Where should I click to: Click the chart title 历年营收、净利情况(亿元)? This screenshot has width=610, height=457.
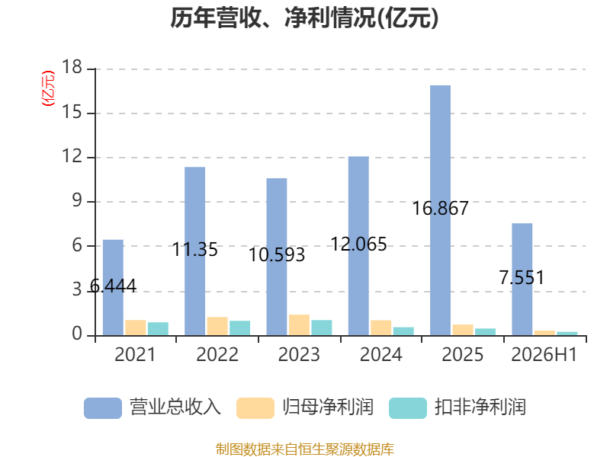[x=304, y=18]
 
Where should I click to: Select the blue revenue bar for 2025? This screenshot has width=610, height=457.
[x=441, y=210]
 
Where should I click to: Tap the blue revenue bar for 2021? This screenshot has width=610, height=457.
[x=113, y=288]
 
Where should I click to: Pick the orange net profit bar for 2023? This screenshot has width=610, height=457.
[x=299, y=325]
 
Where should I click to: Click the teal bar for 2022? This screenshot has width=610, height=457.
[x=239, y=328]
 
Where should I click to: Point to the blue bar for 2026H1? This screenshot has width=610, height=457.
[x=522, y=280]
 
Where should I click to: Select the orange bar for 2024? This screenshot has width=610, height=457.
[x=380, y=328]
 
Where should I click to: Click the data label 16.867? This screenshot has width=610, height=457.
[x=441, y=208]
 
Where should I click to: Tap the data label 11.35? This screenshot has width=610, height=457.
[x=195, y=250]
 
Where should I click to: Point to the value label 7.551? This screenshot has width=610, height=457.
[x=522, y=277]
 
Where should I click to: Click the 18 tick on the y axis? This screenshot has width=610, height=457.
[x=72, y=67]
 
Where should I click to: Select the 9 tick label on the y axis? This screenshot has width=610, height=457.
[x=77, y=201]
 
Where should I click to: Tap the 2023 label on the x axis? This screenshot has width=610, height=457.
[x=299, y=354]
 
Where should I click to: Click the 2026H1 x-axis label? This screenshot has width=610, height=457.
[x=544, y=354]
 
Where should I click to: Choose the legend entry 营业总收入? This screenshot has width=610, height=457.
[x=152, y=407]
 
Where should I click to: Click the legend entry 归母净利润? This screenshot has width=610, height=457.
[x=305, y=407]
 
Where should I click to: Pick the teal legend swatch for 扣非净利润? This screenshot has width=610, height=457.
[x=408, y=408]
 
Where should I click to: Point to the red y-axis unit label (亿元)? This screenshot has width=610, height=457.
[x=48, y=88]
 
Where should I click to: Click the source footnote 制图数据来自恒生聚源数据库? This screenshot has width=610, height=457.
[x=305, y=449]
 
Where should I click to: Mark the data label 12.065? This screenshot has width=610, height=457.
[x=358, y=244]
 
